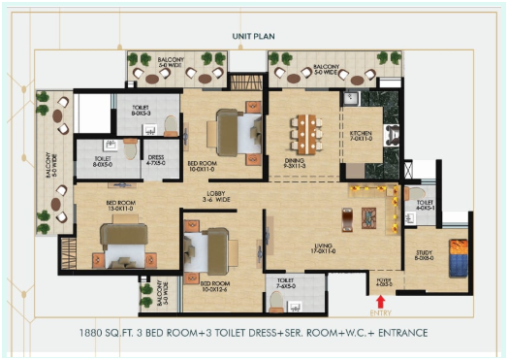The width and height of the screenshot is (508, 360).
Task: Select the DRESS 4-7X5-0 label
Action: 154,161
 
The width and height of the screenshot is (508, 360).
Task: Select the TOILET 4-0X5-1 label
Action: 423,205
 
